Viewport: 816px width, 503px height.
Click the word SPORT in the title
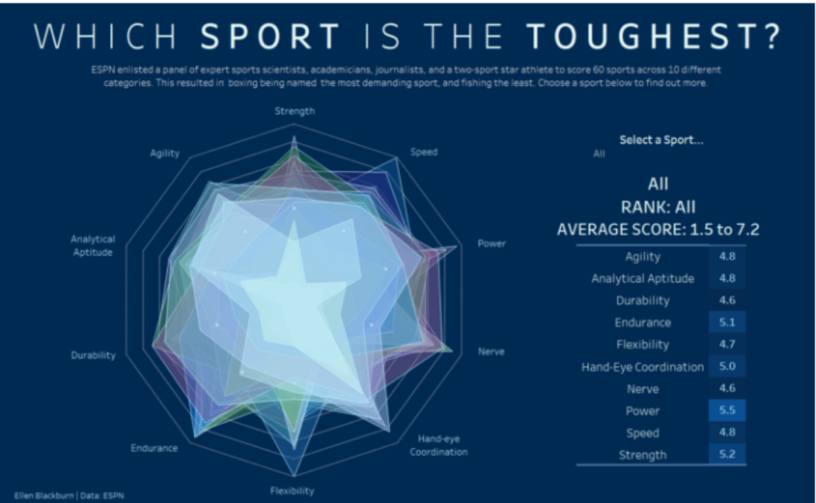(x=271, y=37)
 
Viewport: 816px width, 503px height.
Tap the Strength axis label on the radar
(x=294, y=111)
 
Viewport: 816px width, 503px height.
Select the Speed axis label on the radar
(x=424, y=152)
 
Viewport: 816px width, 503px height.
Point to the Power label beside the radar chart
(x=492, y=243)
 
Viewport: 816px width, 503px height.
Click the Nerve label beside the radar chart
(x=491, y=352)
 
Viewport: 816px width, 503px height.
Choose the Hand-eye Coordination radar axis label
(x=438, y=446)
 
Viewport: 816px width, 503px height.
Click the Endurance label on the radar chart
(x=154, y=448)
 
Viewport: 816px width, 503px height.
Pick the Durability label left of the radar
(x=93, y=355)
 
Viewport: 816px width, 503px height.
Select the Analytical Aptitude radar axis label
(x=92, y=245)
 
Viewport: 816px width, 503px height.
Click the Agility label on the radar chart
(x=165, y=153)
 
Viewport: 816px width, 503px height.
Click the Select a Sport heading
(x=661, y=140)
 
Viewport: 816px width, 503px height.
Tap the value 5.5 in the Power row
(x=727, y=411)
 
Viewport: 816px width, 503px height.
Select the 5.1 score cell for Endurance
(x=727, y=322)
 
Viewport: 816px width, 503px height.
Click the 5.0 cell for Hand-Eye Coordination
(x=727, y=366)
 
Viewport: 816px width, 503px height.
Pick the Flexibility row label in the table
(x=643, y=345)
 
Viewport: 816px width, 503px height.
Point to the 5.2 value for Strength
(x=727, y=455)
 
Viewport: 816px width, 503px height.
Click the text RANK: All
(x=658, y=207)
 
